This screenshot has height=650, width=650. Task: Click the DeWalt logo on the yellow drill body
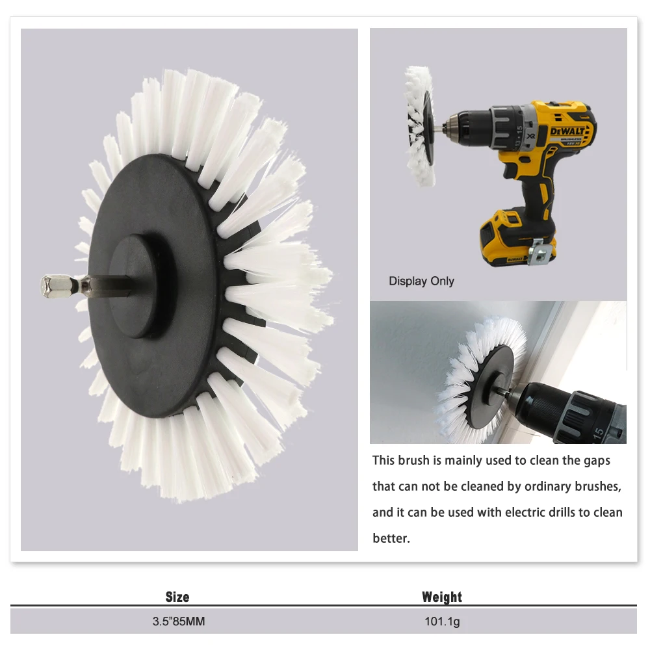[x=567, y=131]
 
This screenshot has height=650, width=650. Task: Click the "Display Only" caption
[x=421, y=281]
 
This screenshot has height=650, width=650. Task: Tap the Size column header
[x=177, y=597]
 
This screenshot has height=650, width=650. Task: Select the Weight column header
[x=442, y=597]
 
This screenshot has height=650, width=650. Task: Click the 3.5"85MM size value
[x=179, y=621]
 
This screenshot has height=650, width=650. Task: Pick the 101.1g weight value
[x=442, y=622]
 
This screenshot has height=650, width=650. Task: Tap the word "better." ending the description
[x=391, y=538]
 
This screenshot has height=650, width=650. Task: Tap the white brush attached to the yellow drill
[x=419, y=126]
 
